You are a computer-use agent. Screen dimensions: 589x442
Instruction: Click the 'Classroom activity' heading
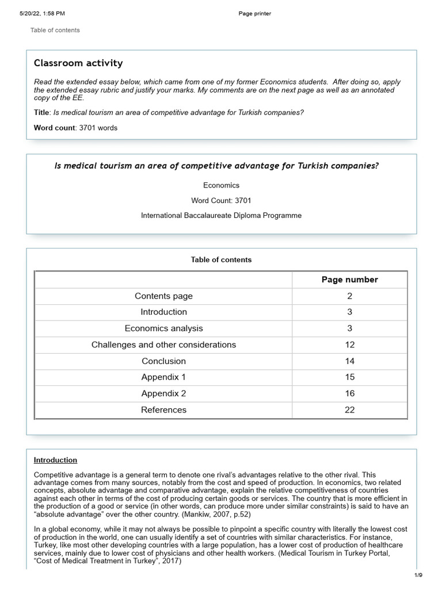pyautogui.click(x=78, y=63)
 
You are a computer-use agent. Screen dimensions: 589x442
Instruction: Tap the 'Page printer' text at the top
pyautogui.click(x=254, y=14)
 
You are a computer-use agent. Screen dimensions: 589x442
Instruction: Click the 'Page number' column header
pyautogui.click(x=349, y=280)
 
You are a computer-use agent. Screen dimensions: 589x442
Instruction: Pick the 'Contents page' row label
pyautogui.click(x=163, y=296)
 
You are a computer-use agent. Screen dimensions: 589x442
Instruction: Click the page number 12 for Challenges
pyautogui.click(x=349, y=345)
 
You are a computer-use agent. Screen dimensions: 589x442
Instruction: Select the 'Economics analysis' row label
pyautogui.click(x=163, y=328)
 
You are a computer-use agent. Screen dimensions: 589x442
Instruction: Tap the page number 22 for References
pyautogui.click(x=349, y=410)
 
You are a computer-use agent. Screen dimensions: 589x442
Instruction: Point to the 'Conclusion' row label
pyautogui.click(x=163, y=361)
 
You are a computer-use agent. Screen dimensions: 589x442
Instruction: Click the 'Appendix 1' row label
pyautogui.click(x=163, y=377)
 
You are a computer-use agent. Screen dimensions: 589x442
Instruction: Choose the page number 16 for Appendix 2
pyautogui.click(x=349, y=394)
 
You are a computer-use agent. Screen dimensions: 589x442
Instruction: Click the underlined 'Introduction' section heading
pyautogui.click(x=55, y=460)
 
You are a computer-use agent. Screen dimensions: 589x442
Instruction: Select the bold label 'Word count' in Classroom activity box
pyautogui.click(x=54, y=128)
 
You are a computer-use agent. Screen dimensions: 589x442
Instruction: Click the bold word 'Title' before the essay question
pyautogui.click(x=41, y=113)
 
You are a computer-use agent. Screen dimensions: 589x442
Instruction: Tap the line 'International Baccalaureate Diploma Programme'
pyautogui.click(x=221, y=216)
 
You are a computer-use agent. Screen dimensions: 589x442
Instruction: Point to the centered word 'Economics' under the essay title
pyautogui.click(x=221, y=186)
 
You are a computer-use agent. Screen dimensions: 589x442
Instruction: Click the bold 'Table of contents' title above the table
pyautogui.click(x=221, y=260)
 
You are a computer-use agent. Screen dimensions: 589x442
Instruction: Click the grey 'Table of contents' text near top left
pyautogui.click(x=55, y=30)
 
